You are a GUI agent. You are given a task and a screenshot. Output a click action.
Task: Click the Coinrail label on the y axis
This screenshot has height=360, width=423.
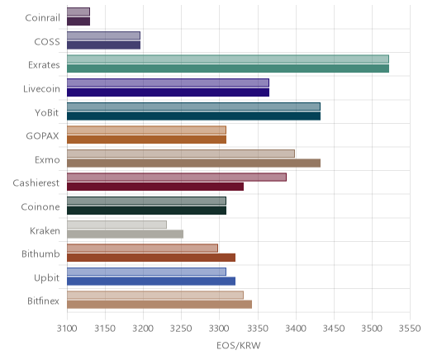42,18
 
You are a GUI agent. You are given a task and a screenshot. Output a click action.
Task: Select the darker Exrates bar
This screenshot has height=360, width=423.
228,69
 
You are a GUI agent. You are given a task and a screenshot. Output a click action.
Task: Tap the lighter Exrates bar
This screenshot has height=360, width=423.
228,59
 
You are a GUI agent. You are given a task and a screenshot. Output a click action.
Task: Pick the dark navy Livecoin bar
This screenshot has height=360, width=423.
168,92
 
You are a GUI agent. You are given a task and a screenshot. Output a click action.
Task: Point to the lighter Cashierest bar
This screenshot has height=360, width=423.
177,178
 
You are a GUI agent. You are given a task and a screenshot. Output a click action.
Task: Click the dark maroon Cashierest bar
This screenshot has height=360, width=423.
155,187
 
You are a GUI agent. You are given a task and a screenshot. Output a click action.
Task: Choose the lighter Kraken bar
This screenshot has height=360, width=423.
116,225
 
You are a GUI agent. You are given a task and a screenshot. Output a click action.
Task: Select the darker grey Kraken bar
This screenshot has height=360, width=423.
125,234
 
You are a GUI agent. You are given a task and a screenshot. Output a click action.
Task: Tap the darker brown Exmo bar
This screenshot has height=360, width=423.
193,163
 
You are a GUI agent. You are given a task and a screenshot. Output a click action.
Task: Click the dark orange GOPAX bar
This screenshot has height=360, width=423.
146,140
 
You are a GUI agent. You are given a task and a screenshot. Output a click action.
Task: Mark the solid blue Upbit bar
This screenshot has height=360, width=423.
151,282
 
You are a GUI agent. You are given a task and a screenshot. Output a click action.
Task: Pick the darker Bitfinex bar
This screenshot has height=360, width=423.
159,305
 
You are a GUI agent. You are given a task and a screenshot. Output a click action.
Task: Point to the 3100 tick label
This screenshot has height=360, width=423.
67,329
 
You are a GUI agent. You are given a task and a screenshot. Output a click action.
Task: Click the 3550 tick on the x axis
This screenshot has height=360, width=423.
410,329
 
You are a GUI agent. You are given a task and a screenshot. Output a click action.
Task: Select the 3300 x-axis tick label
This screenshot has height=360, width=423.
220,329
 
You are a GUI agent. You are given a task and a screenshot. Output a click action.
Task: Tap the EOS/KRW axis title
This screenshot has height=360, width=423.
239,345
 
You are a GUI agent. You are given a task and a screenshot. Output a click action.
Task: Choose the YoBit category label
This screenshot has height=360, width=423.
47,113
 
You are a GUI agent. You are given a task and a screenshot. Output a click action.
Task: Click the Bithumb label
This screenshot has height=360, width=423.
40,253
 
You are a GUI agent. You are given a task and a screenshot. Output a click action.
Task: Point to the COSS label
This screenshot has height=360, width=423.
47,42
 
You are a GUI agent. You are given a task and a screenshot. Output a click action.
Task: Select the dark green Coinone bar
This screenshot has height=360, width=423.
146,211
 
